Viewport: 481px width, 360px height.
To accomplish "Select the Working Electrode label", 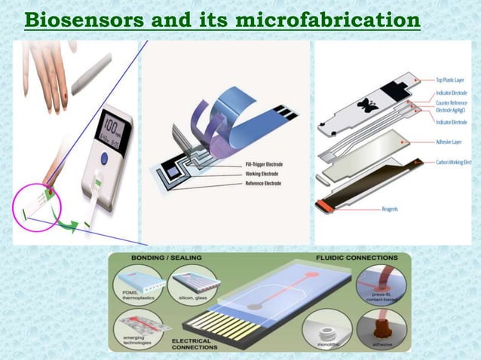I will pyautogui.click(x=252, y=173).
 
